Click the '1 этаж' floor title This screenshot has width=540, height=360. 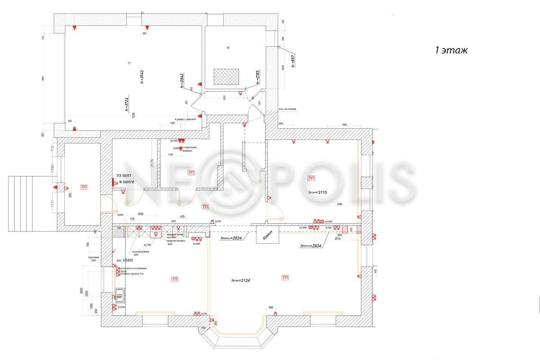(x=451, y=50)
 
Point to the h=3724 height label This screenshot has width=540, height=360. (x=127, y=104)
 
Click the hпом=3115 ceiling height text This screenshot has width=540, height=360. (x=320, y=192)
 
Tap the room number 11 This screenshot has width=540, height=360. (x=129, y=64)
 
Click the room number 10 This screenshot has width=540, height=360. (x=228, y=47)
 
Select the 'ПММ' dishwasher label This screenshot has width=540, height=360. (x=127, y=260)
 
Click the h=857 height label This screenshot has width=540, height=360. (x=292, y=60)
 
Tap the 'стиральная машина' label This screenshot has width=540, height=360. (x=189, y=149)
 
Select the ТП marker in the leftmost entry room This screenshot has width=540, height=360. (x=84, y=187)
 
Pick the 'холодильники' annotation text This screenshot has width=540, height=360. (x=140, y=252)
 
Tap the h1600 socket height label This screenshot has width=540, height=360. (x=197, y=243)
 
